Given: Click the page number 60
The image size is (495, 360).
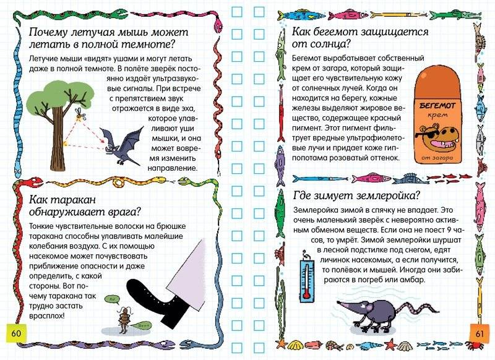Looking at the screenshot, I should tap(15, 334).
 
